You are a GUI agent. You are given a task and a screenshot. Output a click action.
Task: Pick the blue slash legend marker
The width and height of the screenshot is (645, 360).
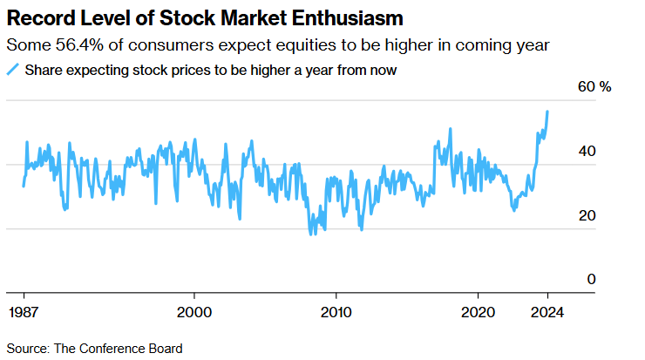13,71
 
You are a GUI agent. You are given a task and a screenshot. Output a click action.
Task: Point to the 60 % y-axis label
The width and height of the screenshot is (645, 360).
595,87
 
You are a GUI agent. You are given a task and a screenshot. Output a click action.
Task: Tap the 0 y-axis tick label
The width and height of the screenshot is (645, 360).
590,279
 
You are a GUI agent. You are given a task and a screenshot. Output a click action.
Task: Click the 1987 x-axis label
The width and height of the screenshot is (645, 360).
23,311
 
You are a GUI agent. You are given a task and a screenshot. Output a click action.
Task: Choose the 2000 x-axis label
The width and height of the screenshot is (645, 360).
193,311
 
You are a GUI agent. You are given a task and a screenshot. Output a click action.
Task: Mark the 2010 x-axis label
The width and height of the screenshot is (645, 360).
336,311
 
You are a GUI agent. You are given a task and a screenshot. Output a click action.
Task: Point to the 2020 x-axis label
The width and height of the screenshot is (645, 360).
478,311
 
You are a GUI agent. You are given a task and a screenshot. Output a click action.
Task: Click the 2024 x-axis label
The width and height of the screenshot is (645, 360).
548,311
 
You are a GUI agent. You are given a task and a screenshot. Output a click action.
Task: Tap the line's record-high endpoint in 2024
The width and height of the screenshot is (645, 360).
547,112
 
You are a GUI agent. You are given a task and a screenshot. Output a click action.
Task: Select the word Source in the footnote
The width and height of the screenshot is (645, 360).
26,348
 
